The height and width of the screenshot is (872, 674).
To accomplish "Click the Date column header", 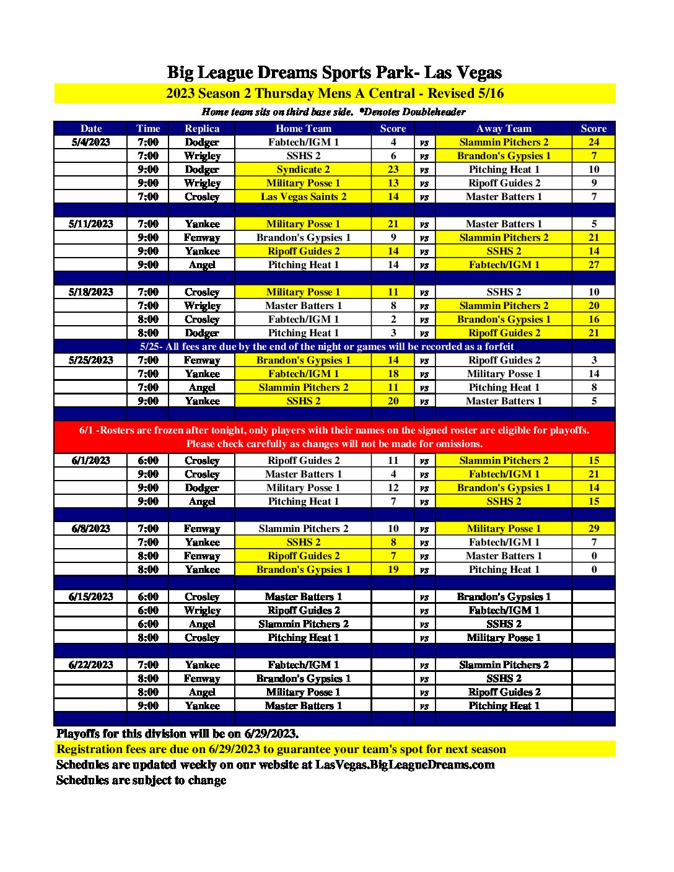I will coord(91,129).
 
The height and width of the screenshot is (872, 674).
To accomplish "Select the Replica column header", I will coord(202,129).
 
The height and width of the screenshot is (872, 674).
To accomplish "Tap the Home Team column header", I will coord(304,129).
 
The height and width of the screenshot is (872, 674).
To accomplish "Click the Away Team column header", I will coord(504,129).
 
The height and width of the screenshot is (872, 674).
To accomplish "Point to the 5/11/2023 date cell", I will coord(91,224).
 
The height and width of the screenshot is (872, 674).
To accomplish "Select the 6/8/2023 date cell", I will coord(91,529).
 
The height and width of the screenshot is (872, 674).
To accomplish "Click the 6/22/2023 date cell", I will coord(91,665).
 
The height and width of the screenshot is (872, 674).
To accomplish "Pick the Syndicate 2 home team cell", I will coord(304,170).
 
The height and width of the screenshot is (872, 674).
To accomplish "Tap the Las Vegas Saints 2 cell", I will coord(304,197).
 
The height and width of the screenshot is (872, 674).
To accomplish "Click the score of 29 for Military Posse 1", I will coord(593,529).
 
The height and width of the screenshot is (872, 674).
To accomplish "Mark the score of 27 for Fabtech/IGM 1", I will coord(593,265).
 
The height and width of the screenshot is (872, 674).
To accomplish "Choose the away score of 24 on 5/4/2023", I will coord(593,142).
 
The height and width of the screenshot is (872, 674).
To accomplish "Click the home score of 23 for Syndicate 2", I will coord(393,170).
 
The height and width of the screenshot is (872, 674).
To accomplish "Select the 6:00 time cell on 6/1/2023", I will coord(148,461).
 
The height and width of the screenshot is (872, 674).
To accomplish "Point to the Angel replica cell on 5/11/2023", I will coord(202,265).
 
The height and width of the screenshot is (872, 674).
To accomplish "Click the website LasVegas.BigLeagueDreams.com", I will coord(405,765).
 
